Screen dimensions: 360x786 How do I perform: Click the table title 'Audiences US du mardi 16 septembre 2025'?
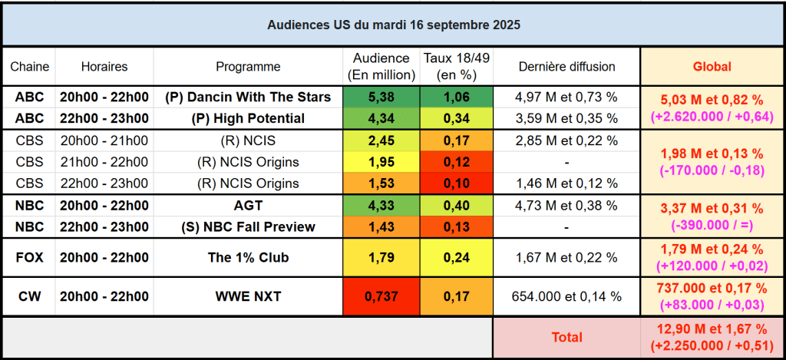click(x=393, y=25)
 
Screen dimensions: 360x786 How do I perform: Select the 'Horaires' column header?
click(x=104, y=67)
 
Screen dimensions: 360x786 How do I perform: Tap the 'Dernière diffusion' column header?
click(x=566, y=67)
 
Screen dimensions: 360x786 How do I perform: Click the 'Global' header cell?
click(x=712, y=67)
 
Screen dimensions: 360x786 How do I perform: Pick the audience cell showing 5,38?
click(x=383, y=97)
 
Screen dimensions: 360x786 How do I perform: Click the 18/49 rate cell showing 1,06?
click(x=457, y=97)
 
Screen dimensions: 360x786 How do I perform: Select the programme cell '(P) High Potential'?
click(x=248, y=118)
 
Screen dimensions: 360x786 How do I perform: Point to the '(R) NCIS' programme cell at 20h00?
click(x=248, y=140)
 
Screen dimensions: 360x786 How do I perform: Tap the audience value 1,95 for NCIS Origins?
click(x=383, y=162)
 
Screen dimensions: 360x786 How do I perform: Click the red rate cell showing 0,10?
click(x=457, y=183)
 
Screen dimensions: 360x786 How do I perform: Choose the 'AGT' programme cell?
click(x=248, y=206)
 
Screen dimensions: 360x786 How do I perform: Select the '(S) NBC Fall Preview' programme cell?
click(x=248, y=227)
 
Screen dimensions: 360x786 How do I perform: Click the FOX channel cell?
click(x=29, y=257)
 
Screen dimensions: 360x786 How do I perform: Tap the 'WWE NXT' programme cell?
click(x=248, y=296)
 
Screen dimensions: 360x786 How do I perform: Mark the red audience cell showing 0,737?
click(x=383, y=296)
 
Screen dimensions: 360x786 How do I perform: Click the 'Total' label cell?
click(x=566, y=337)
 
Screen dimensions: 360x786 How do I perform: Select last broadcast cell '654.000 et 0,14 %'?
click(x=566, y=296)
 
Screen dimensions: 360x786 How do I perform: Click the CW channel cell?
click(x=29, y=296)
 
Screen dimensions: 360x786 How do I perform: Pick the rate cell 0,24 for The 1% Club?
click(x=457, y=257)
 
